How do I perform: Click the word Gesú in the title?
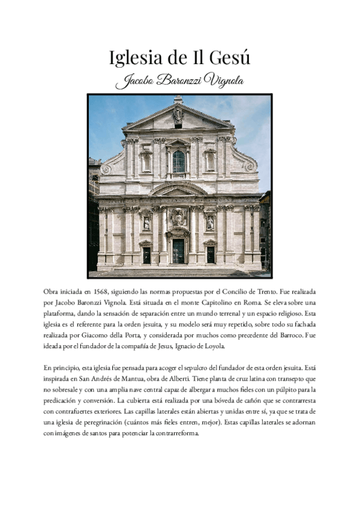click(x=229, y=58)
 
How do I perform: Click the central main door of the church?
click(x=179, y=251)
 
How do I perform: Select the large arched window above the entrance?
click(x=179, y=161)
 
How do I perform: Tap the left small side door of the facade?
click(x=146, y=254)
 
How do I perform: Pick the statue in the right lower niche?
click(x=210, y=223)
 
